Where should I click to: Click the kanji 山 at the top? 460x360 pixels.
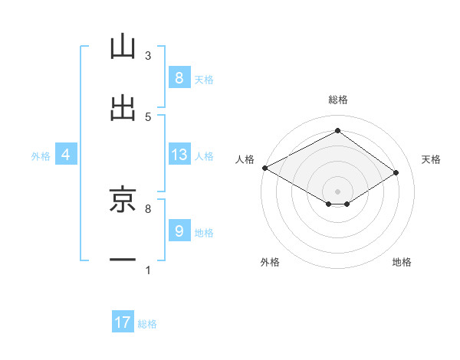[123, 47]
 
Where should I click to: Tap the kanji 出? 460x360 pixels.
[123, 107]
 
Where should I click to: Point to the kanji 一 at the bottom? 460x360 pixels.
[123, 260]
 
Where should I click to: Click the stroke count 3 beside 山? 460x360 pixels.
[147, 56]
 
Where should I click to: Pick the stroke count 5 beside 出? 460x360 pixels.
[147, 116]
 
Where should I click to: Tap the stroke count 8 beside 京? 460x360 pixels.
[147, 208]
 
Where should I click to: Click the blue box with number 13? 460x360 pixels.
[179, 155]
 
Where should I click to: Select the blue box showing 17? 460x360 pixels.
[123, 323]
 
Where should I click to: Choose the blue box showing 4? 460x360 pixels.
[66, 155]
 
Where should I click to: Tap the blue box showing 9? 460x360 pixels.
[179, 231]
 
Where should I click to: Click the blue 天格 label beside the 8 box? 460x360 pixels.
[203, 79]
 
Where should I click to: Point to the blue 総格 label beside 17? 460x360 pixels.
[147, 324]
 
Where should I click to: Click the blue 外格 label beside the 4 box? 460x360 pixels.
[41, 155]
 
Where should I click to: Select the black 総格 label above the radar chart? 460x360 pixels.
[337, 100]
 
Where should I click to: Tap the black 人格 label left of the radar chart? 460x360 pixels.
[245, 159]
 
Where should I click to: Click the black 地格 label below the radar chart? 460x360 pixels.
[402, 262]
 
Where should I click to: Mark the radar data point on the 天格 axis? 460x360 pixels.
[396, 173]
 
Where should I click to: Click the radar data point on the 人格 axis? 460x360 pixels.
[264, 168]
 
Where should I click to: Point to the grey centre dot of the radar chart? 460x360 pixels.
[337, 191]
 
